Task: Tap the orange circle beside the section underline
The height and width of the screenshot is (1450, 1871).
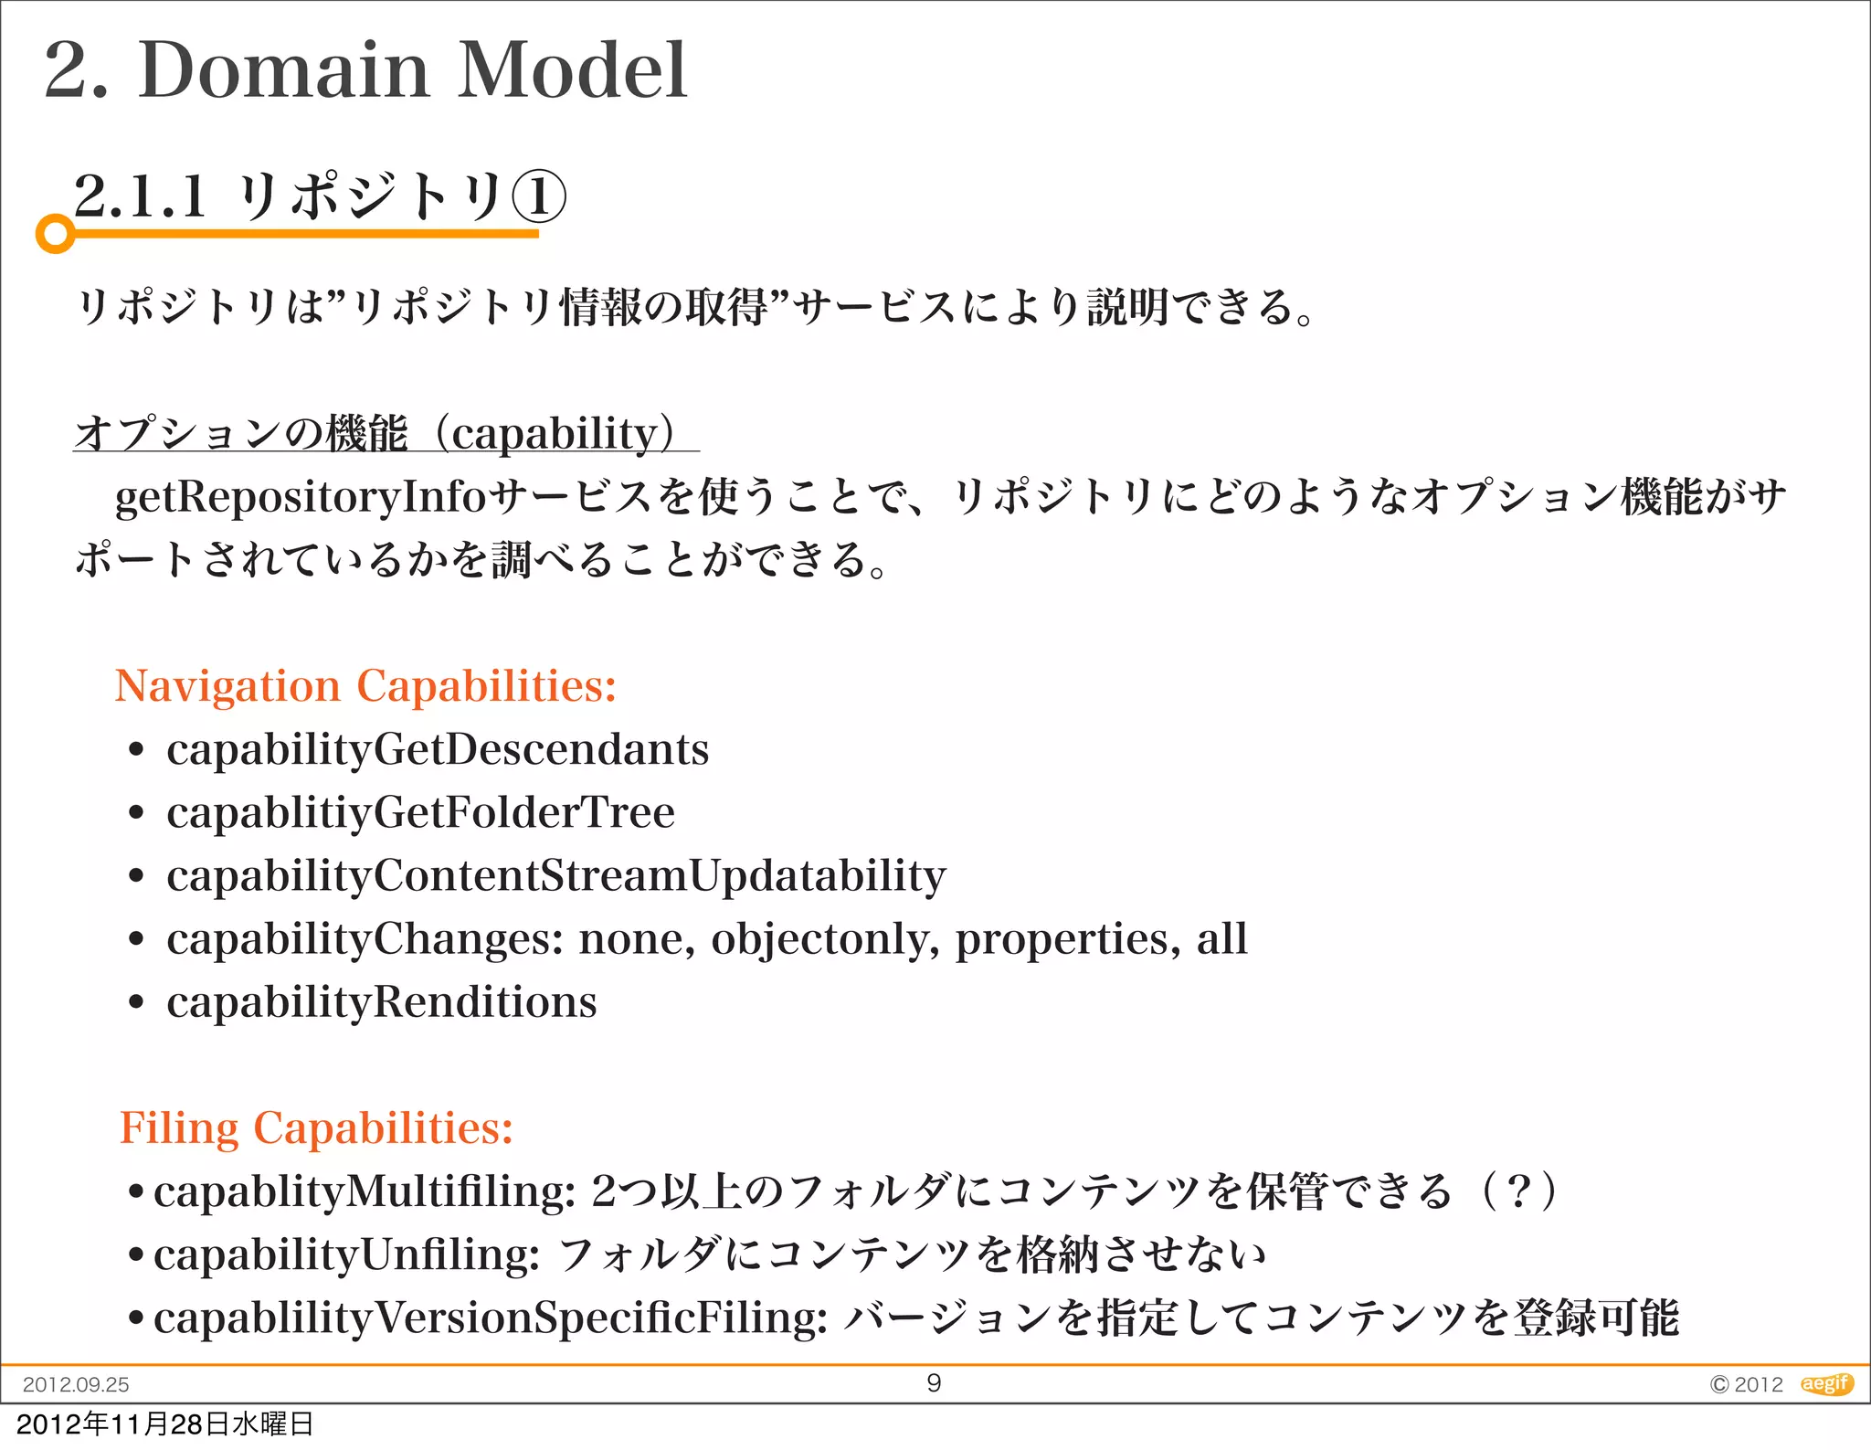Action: pos(56,234)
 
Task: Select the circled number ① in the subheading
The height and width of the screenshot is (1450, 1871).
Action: pos(538,196)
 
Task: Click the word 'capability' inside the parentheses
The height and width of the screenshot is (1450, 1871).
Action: pos(555,433)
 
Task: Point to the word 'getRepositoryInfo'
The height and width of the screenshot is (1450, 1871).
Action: pos(301,497)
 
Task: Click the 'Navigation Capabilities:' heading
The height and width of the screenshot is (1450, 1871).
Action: pos(365,685)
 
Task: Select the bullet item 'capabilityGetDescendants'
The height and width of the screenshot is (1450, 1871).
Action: pos(438,749)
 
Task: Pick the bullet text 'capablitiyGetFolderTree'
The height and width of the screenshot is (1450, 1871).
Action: pos(420,812)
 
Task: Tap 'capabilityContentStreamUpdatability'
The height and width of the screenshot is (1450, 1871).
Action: pos(555,875)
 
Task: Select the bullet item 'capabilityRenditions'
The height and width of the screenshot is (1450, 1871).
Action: pos(381,1001)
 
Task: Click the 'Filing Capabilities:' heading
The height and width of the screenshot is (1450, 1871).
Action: pos(316,1127)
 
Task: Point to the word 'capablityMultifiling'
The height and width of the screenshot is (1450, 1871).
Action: pos(364,1191)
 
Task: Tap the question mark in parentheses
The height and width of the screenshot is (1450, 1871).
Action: pos(1518,1191)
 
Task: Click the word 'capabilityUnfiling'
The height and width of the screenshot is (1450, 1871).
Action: pos(346,1254)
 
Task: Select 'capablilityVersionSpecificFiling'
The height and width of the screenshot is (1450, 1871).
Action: pos(491,1318)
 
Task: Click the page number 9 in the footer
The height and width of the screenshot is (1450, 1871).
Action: pos(934,1382)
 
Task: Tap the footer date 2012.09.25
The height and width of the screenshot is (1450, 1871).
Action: pos(76,1384)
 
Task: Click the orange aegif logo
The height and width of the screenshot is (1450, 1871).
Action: pos(1825,1383)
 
